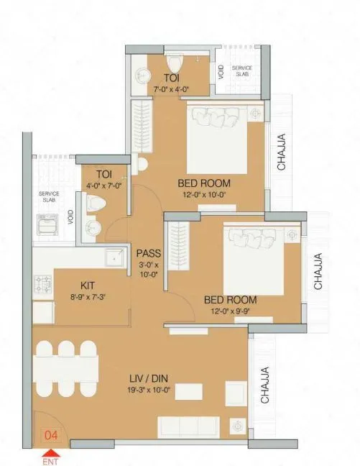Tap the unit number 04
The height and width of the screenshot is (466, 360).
pos(52,435)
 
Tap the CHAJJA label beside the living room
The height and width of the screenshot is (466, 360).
pos(264,384)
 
